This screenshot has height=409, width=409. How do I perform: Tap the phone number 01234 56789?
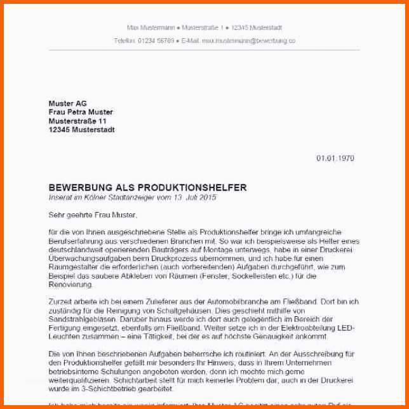[157, 41]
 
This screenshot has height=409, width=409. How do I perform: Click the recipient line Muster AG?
[68, 104]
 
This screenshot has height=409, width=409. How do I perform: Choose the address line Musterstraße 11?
[78, 121]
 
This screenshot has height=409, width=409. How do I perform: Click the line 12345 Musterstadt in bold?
[82, 130]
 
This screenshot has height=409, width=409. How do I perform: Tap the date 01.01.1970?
[335, 158]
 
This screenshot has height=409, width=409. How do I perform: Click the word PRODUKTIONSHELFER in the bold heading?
[192, 188]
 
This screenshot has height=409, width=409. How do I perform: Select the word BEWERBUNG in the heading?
[79, 188]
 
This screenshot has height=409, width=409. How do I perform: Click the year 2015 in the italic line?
[207, 198]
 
